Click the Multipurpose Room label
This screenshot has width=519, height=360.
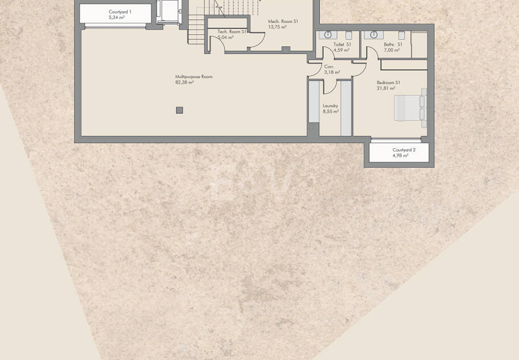pos(193,76)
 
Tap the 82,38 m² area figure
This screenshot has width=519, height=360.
pos(184,83)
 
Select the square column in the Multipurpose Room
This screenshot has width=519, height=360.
pos(179,111)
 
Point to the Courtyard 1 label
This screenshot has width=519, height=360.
pos(120,12)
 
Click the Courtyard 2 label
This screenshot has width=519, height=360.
pos(404,150)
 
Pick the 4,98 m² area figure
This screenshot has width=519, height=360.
pos(400,156)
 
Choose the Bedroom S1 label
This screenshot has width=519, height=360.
pos(388,83)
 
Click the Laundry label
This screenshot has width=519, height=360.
pos(330,105)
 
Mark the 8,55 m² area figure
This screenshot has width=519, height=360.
pos(331,112)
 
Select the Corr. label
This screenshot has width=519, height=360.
pos(329,67)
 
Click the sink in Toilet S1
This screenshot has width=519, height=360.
pos(328,34)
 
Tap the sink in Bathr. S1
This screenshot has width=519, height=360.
pos(374,34)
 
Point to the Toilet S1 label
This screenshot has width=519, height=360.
pos(342,44)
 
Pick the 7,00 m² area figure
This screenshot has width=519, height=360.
pos(392,50)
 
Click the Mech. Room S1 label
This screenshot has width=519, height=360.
pos(283,21)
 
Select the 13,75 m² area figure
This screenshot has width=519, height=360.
pos(277,27)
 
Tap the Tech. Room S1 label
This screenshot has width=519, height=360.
pos(232,32)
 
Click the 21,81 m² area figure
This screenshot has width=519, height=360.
pos(386,88)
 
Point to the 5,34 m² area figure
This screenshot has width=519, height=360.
pos(117,18)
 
